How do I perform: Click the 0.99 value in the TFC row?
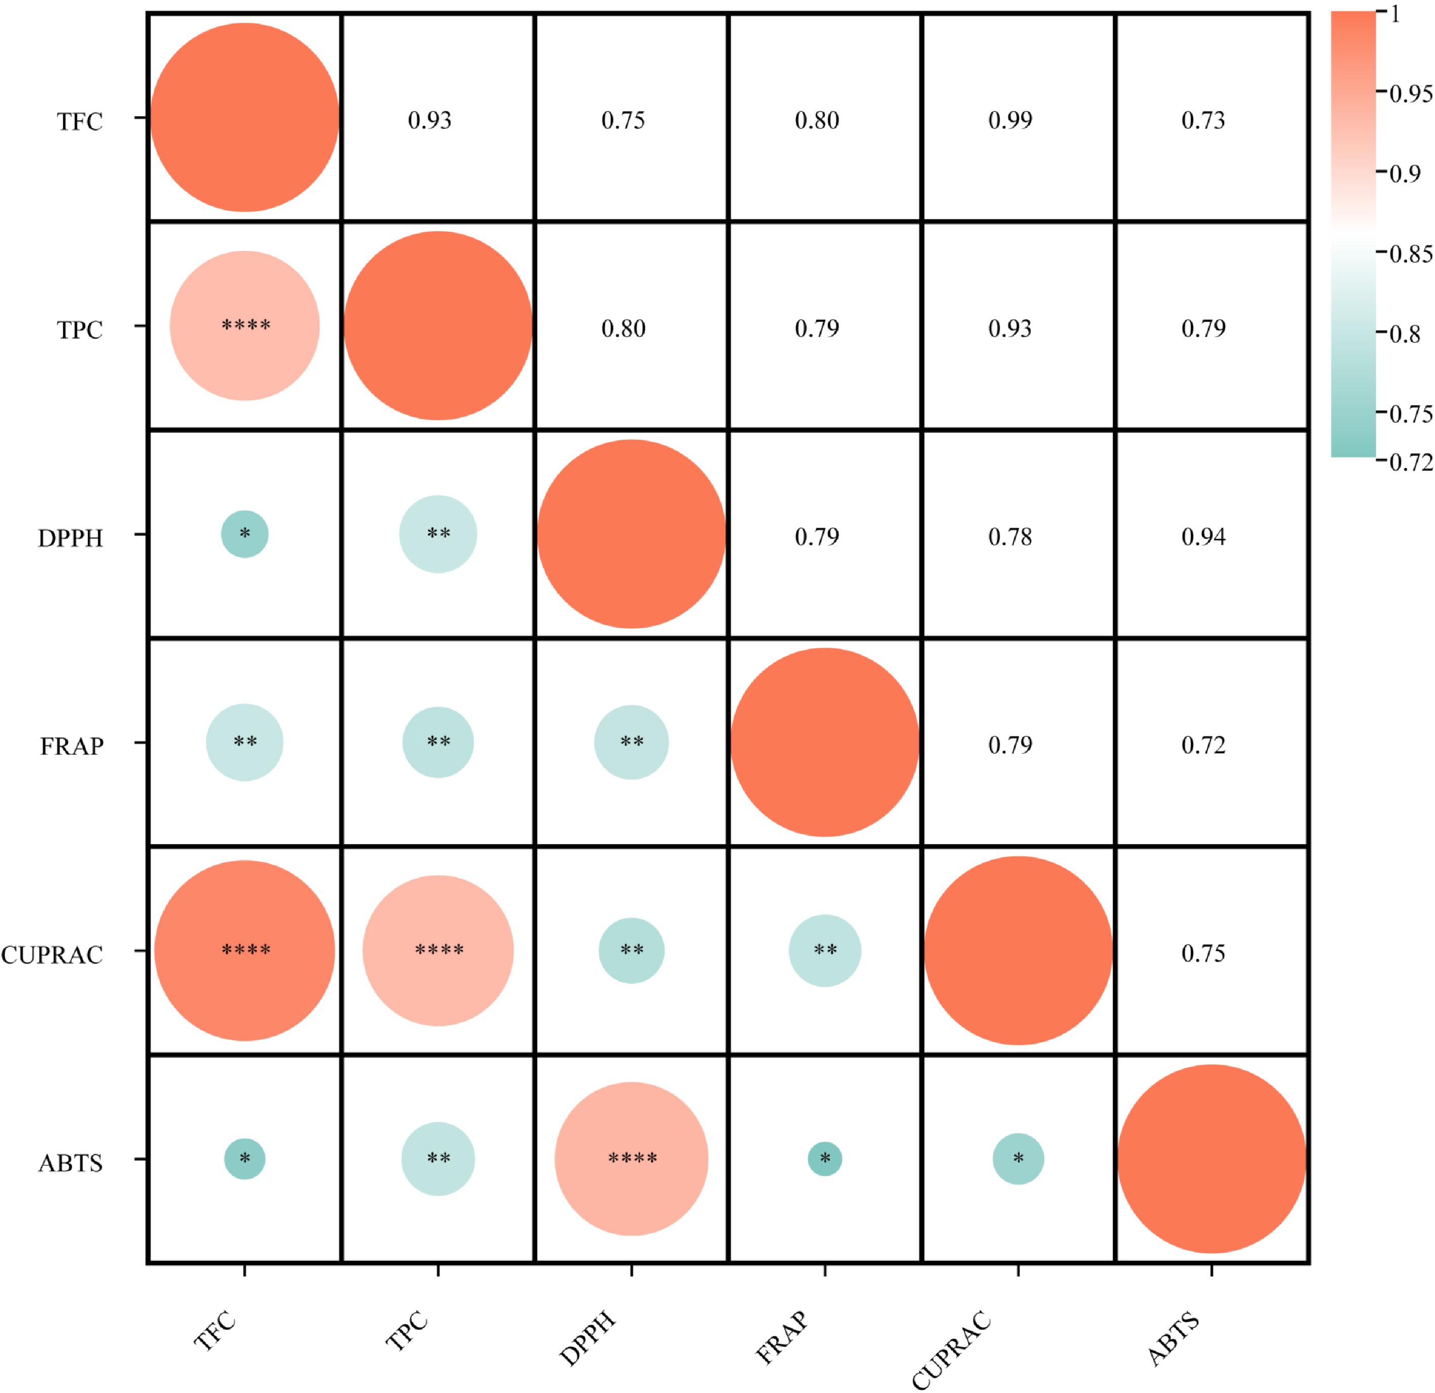[1010, 120]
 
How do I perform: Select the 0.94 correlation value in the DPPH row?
[1203, 537]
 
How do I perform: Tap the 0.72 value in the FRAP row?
[1203, 745]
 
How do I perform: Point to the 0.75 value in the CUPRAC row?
[1203, 953]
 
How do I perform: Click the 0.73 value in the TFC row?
[1203, 120]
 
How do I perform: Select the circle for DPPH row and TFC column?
[244, 534]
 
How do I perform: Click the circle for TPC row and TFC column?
[244, 326]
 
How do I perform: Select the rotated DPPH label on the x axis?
[588, 1339]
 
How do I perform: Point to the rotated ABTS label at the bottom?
[1174, 1339]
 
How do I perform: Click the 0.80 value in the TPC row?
[623, 328]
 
